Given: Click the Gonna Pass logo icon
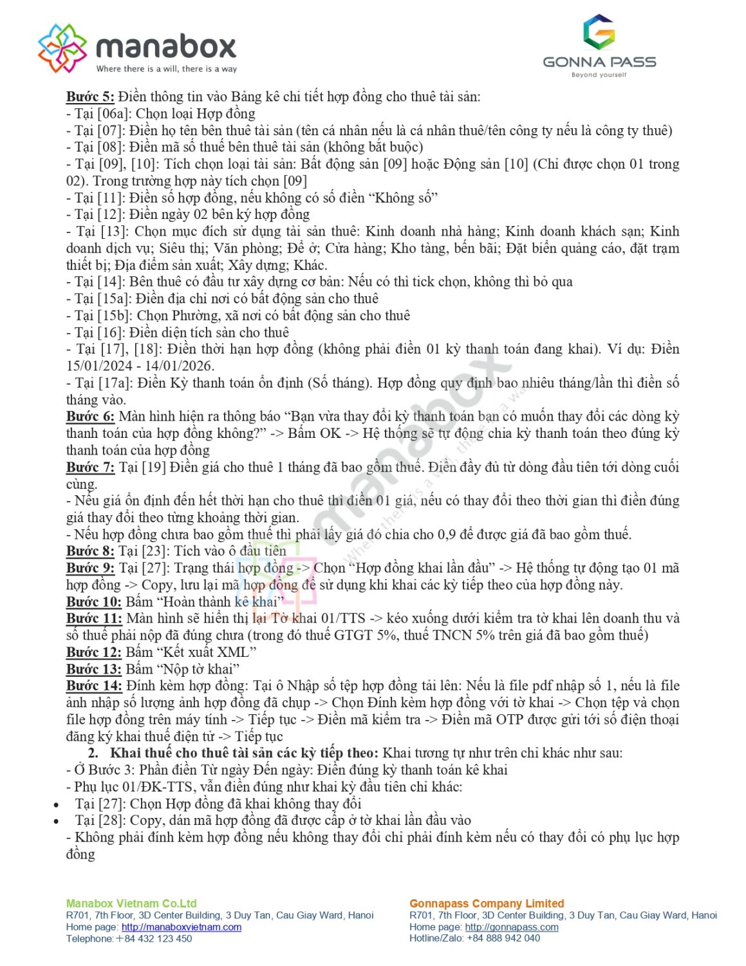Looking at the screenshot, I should [x=599, y=32].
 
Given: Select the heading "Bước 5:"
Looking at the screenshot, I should [x=90, y=97].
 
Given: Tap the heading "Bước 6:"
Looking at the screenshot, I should [x=90, y=416].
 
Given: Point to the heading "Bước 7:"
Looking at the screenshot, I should [x=90, y=467].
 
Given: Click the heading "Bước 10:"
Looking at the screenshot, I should [x=93, y=601].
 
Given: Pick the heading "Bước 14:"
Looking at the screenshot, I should [x=94, y=685].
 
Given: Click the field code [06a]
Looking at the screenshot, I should [x=113, y=114].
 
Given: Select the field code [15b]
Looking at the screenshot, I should [x=115, y=316].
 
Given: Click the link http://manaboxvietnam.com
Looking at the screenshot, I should [x=181, y=927].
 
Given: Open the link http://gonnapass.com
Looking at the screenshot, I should [x=511, y=927].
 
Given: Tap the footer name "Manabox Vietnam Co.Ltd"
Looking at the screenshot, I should [x=131, y=904].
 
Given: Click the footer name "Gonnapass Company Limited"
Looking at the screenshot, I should [x=487, y=904].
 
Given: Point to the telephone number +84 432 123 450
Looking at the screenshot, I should [x=154, y=938].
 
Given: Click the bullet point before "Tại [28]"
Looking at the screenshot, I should [x=57, y=821].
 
